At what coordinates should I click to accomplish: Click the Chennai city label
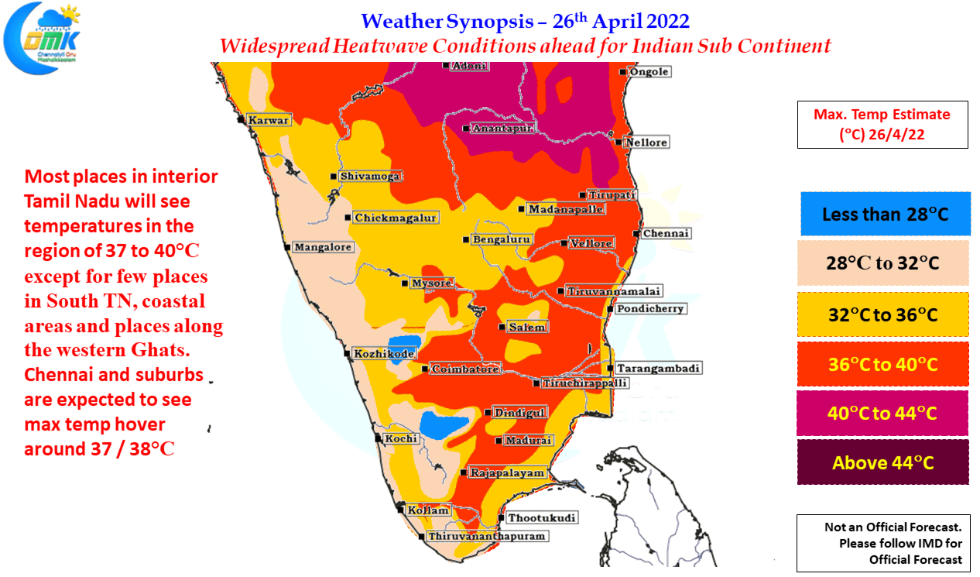point(666,233)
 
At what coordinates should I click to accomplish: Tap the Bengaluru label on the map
point(502,239)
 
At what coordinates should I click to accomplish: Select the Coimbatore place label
point(465,369)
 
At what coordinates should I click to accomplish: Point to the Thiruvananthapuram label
point(487,536)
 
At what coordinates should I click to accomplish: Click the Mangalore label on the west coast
point(323,247)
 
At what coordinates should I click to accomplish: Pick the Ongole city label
point(649,72)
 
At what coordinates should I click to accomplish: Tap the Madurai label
point(529,441)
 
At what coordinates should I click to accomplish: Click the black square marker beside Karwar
point(241,119)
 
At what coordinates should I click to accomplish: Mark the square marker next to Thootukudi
point(502,518)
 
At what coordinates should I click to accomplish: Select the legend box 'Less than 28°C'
point(885,214)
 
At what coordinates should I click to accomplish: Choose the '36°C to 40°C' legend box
point(883,364)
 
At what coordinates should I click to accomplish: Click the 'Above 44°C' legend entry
point(883,462)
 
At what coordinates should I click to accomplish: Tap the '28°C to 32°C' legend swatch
point(883,263)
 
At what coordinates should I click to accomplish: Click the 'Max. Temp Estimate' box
point(882,125)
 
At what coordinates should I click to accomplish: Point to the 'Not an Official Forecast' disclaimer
point(883,543)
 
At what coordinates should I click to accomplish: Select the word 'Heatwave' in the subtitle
point(380,46)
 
